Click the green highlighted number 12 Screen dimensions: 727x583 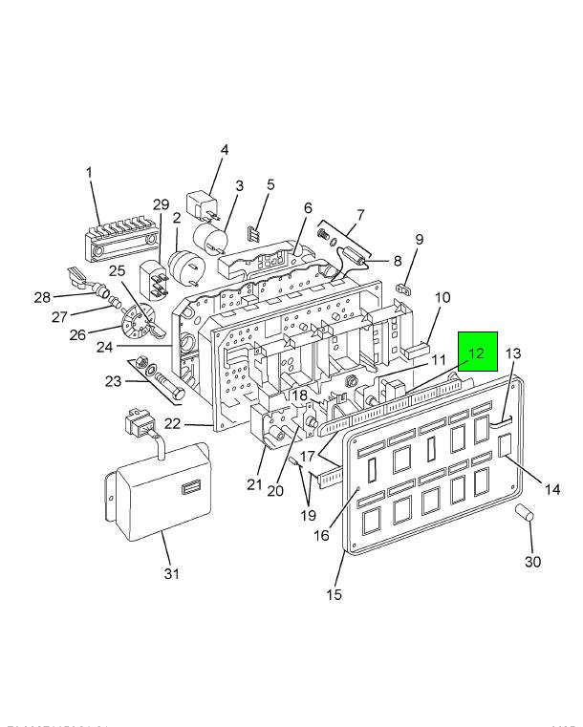click(x=477, y=353)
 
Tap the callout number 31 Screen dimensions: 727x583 click(x=170, y=573)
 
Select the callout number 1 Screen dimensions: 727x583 click(x=89, y=173)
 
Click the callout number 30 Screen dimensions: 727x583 click(x=532, y=561)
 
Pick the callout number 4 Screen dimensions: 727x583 click(x=225, y=150)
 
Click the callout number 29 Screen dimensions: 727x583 click(x=160, y=204)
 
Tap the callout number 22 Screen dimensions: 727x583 click(x=200, y=424)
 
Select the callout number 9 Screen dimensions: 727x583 click(x=418, y=239)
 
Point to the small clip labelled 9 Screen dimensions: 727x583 click(x=403, y=287)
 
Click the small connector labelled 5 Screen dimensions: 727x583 click(x=254, y=232)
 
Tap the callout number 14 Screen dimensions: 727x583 click(x=551, y=490)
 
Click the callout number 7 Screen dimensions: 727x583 click(x=360, y=214)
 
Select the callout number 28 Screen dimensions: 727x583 click(x=42, y=298)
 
